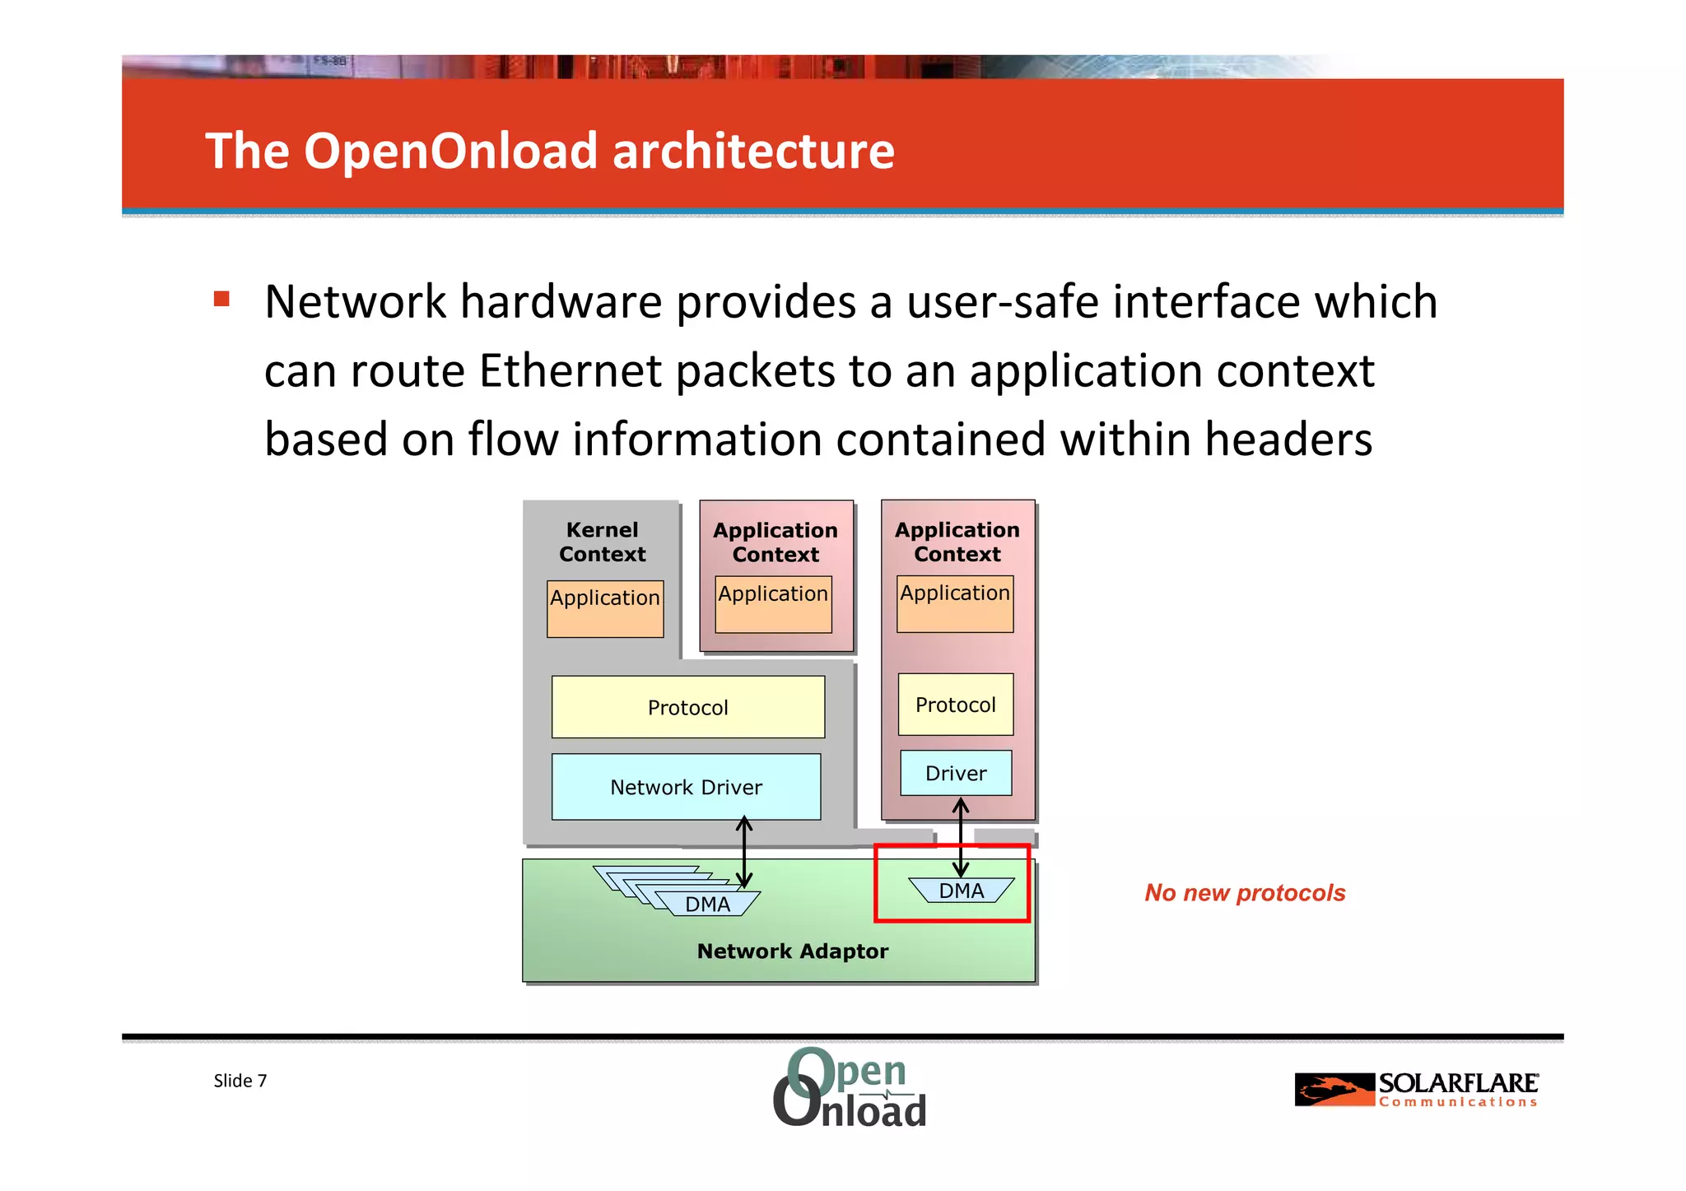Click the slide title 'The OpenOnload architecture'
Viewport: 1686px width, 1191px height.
pos(549,151)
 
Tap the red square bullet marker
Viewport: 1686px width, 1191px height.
pos(221,299)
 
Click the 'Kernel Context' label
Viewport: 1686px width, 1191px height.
pos(602,542)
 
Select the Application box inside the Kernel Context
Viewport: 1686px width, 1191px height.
pos(605,609)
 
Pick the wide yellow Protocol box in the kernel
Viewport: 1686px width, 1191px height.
pos(687,707)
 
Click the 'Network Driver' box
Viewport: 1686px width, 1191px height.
pos(686,787)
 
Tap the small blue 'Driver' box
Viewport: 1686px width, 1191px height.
pos(956,773)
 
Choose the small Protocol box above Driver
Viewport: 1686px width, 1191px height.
pos(956,705)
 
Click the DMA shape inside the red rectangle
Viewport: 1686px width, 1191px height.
pos(962,891)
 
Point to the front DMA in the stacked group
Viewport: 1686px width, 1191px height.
pos(708,905)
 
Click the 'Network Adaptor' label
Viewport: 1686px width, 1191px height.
pos(792,951)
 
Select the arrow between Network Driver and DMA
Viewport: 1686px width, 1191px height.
pos(744,852)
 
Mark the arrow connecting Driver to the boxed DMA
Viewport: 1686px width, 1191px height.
pos(961,837)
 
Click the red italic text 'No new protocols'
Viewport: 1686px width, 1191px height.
pos(1245,893)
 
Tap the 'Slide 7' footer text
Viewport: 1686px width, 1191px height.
pos(240,1081)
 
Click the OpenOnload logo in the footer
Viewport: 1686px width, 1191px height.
pos(850,1088)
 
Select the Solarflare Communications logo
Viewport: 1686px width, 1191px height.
pos(1416,1089)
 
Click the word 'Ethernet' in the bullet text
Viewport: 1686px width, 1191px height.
pos(570,370)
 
